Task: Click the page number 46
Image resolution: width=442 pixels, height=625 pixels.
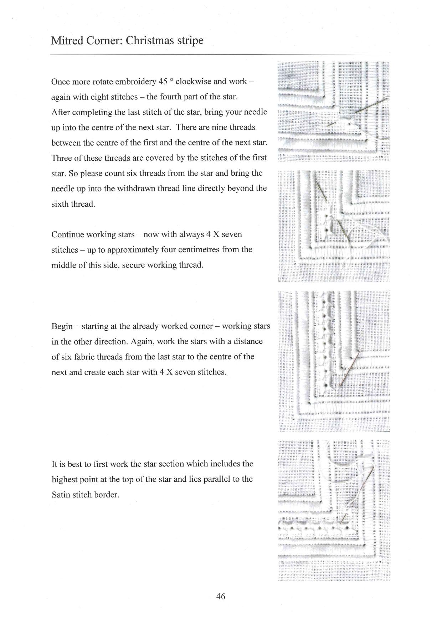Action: click(x=221, y=596)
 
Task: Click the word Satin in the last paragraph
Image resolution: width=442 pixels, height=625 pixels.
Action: click(x=60, y=495)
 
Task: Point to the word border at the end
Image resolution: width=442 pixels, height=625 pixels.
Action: click(x=107, y=495)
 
